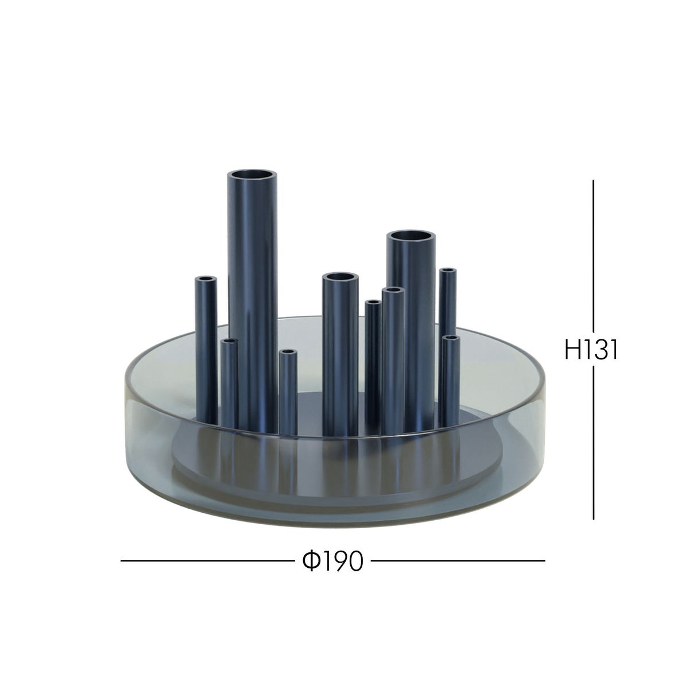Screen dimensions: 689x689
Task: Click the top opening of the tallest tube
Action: point(253,176)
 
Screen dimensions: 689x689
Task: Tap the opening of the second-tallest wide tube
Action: point(411,237)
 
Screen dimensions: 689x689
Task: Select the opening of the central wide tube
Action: point(340,277)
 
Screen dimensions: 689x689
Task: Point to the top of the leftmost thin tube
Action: point(206,279)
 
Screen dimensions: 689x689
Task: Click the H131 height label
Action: point(591,349)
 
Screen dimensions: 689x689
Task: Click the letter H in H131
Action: point(572,349)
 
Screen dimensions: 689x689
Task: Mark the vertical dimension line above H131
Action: point(593,256)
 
